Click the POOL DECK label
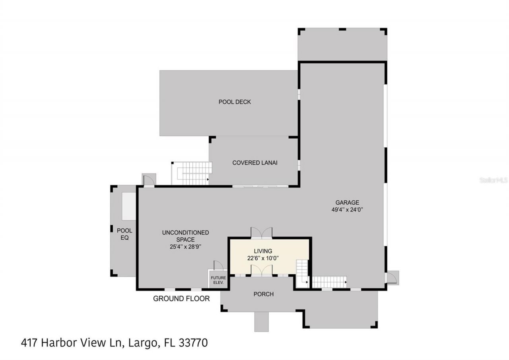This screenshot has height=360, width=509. [235, 102]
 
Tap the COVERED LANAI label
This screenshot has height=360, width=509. [254, 163]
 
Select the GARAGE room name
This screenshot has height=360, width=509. [347, 203]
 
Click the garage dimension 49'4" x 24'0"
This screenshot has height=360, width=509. [347, 210]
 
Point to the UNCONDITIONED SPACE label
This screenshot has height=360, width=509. [185, 236]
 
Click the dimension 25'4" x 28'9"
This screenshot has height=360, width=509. [185, 247]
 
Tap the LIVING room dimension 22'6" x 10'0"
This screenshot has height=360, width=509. [263, 258]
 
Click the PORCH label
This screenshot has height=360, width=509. [263, 294]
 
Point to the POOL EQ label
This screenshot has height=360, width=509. [124, 234]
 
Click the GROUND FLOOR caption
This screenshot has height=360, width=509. [181, 299]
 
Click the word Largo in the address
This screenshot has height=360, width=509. [141, 343]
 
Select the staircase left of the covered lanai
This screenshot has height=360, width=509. [192, 173]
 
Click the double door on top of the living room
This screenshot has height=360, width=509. [261, 233]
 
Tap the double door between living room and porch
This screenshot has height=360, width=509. [261, 270]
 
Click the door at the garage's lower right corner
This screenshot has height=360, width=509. [391, 277]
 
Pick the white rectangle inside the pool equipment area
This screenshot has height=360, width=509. [129, 206]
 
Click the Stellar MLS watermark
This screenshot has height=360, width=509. [493, 180]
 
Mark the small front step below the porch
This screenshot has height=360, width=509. [261, 321]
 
